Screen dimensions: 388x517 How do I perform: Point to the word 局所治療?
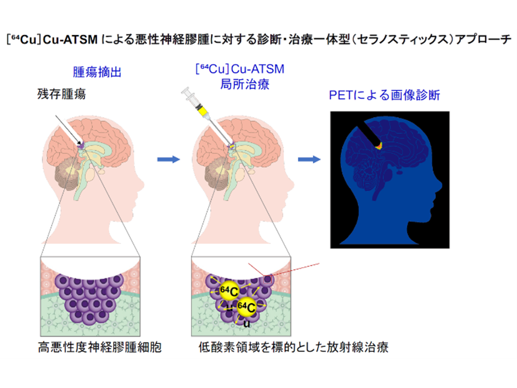pyautogui.click(x=240, y=82)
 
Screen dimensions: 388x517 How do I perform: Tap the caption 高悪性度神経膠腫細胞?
pyautogui.click(x=99, y=348)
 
